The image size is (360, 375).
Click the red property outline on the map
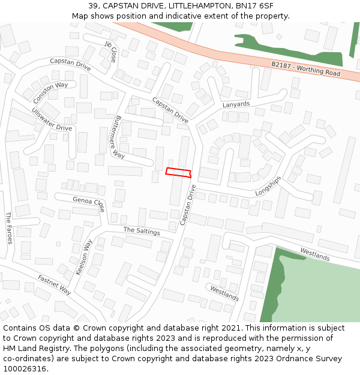click(x=178, y=173)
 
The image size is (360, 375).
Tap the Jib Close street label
click(x=110, y=52)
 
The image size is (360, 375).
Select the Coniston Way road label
click(x=50, y=93)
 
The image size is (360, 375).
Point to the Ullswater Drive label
click(x=52, y=119)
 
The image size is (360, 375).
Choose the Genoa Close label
click(x=89, y=204)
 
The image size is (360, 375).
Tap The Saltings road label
click(x=142, y=231)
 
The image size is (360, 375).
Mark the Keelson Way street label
click(x=85, y=257)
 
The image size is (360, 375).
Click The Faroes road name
click(x=9, y=228)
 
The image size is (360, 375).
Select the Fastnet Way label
click(x=55, y=284)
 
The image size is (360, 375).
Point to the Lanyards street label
click(x=236, y=104)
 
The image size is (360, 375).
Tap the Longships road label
click(x=268, y=186)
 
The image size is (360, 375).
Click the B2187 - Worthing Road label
click(x=305, y=69)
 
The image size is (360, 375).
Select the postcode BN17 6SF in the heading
click(x=256, y=6)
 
